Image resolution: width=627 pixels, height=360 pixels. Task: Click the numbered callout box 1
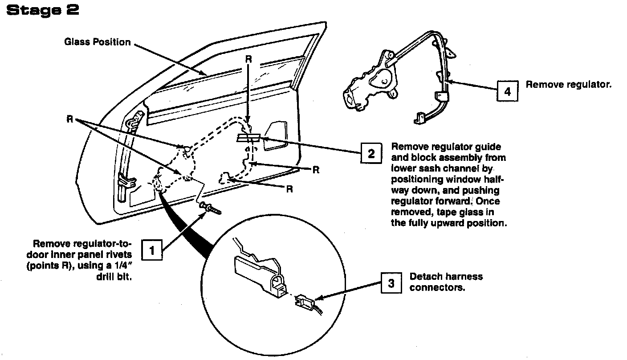[152, 250]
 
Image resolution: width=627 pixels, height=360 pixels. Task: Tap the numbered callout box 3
[391, 282]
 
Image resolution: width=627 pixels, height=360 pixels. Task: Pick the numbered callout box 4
[507, 91]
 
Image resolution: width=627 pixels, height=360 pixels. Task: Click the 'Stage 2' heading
[43, 11]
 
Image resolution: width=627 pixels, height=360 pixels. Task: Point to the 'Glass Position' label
[98, 42]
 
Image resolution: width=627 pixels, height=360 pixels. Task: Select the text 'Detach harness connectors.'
[446, 282]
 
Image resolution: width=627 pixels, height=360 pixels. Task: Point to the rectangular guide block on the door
[248, 138]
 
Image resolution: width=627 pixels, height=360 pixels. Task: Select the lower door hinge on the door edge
[126, 181]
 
